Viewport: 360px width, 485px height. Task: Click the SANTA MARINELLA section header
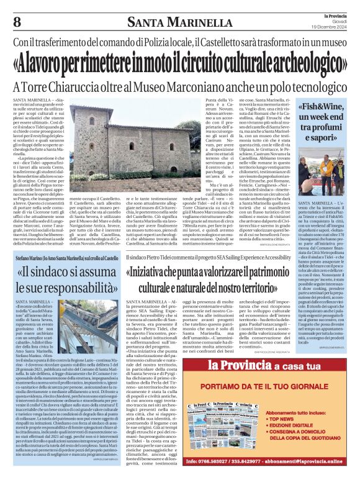pos(180,23)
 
